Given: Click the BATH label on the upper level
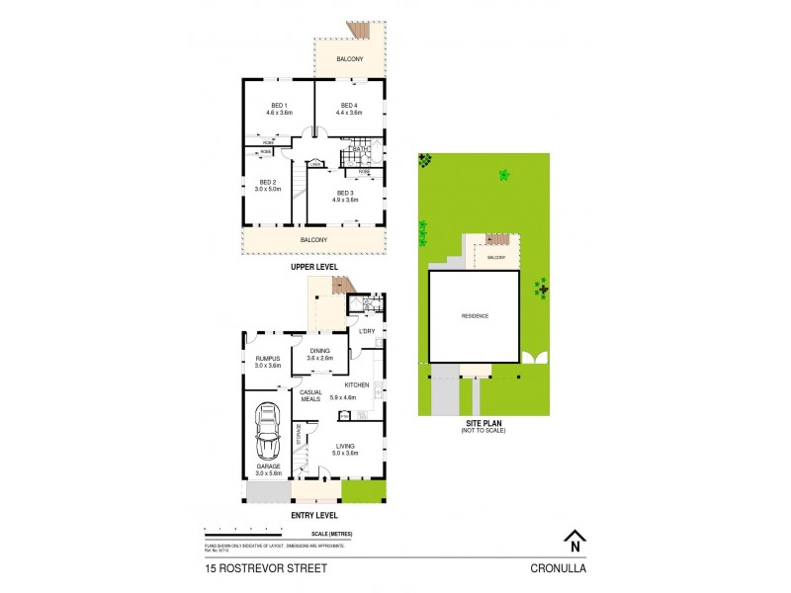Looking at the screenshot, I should click(x=360, y=149).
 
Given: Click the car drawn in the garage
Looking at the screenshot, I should click(x=268, y=429).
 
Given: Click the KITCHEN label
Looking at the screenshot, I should click(x=357, y=383).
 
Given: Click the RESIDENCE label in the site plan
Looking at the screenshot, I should click(x=476, y=316).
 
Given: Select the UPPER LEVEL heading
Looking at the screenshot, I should click(x=313, y=267).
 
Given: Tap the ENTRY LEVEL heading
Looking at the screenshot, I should click(x=314, y=515).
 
